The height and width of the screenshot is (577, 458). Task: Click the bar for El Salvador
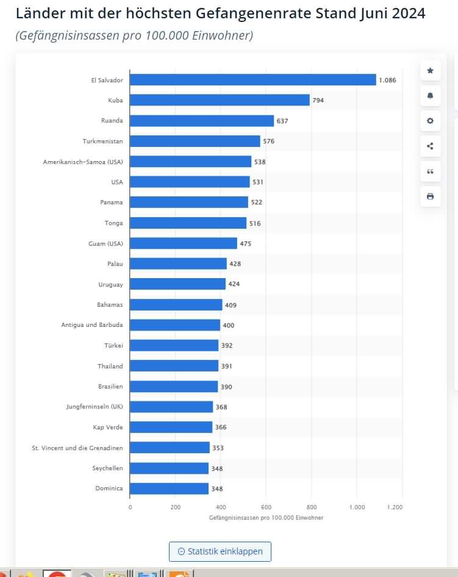253,80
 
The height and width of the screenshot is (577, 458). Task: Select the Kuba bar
220,100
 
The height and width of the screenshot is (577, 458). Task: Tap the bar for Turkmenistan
195,141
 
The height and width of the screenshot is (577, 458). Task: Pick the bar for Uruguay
178,284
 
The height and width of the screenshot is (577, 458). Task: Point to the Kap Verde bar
171,427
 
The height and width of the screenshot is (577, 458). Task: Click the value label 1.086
388,80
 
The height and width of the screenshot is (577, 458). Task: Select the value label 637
282,121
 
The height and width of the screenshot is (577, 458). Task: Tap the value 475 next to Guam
245,243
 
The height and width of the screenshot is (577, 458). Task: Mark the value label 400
228,325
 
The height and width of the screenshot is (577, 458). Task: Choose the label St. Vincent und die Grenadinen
77,448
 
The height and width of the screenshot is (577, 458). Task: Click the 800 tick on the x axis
312,507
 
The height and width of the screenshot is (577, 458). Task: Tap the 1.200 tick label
395,507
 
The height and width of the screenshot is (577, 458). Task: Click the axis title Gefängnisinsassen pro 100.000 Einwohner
266,517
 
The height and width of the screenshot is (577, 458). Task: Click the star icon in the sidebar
430,71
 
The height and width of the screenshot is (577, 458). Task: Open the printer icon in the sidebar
430,196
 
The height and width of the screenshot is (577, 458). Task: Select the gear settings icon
430,121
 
